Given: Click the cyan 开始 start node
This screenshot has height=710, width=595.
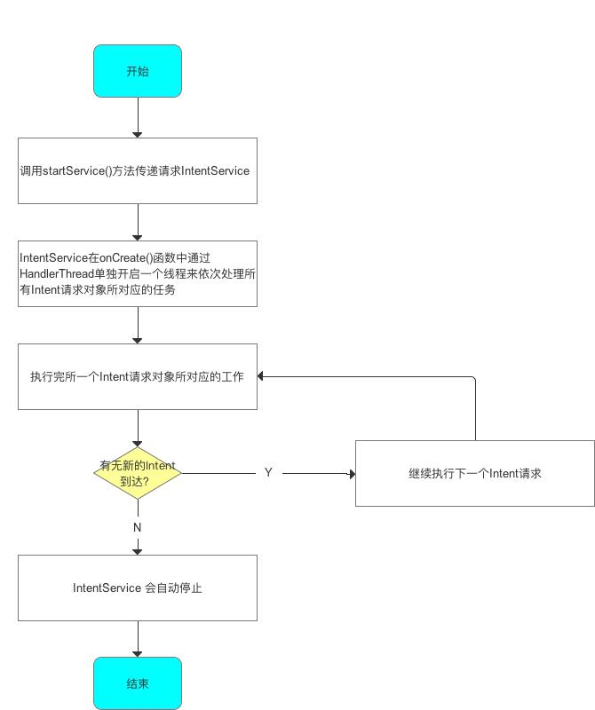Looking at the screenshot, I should coord(138,71).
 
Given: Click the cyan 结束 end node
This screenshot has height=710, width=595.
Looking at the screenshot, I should coord(138,683).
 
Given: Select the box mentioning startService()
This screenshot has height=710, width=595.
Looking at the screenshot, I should coord(138,170).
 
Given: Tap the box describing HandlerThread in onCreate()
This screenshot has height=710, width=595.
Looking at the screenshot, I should coord(138,273).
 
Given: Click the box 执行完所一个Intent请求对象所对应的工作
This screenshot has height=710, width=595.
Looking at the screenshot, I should coord(138,376).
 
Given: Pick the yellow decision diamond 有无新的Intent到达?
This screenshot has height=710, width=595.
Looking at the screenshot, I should coord(138,473).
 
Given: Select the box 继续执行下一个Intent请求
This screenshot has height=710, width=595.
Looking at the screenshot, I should coord(475,473).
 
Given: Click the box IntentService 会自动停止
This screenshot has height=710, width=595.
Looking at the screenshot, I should coord(138,588).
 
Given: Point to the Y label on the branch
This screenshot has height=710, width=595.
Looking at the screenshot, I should coord(268,473).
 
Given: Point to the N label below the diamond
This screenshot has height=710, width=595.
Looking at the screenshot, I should coord(138,527).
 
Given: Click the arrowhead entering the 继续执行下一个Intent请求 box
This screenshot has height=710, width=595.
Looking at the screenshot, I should coord(351,474).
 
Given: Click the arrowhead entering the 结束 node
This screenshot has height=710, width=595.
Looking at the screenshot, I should coord(138,653).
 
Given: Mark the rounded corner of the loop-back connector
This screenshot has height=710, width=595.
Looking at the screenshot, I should coord(473,379).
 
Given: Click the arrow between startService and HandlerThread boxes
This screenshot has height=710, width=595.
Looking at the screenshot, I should coord(138,222).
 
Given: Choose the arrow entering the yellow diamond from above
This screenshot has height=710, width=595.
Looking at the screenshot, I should coord(138,428).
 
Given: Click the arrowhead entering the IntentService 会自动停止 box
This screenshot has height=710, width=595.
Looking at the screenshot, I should coord(138,551).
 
